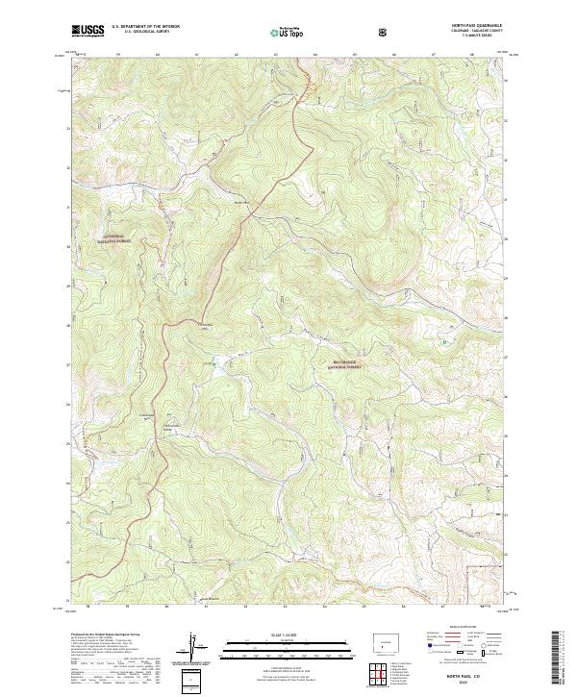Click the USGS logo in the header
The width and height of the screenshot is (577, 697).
(87, 32)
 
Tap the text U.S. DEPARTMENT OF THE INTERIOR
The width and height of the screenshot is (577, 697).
(145, 28)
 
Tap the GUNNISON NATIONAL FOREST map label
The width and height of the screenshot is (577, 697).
(119, 238)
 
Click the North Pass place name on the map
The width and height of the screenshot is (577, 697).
(241, 202)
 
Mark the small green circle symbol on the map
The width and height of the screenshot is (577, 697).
(443, 341)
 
